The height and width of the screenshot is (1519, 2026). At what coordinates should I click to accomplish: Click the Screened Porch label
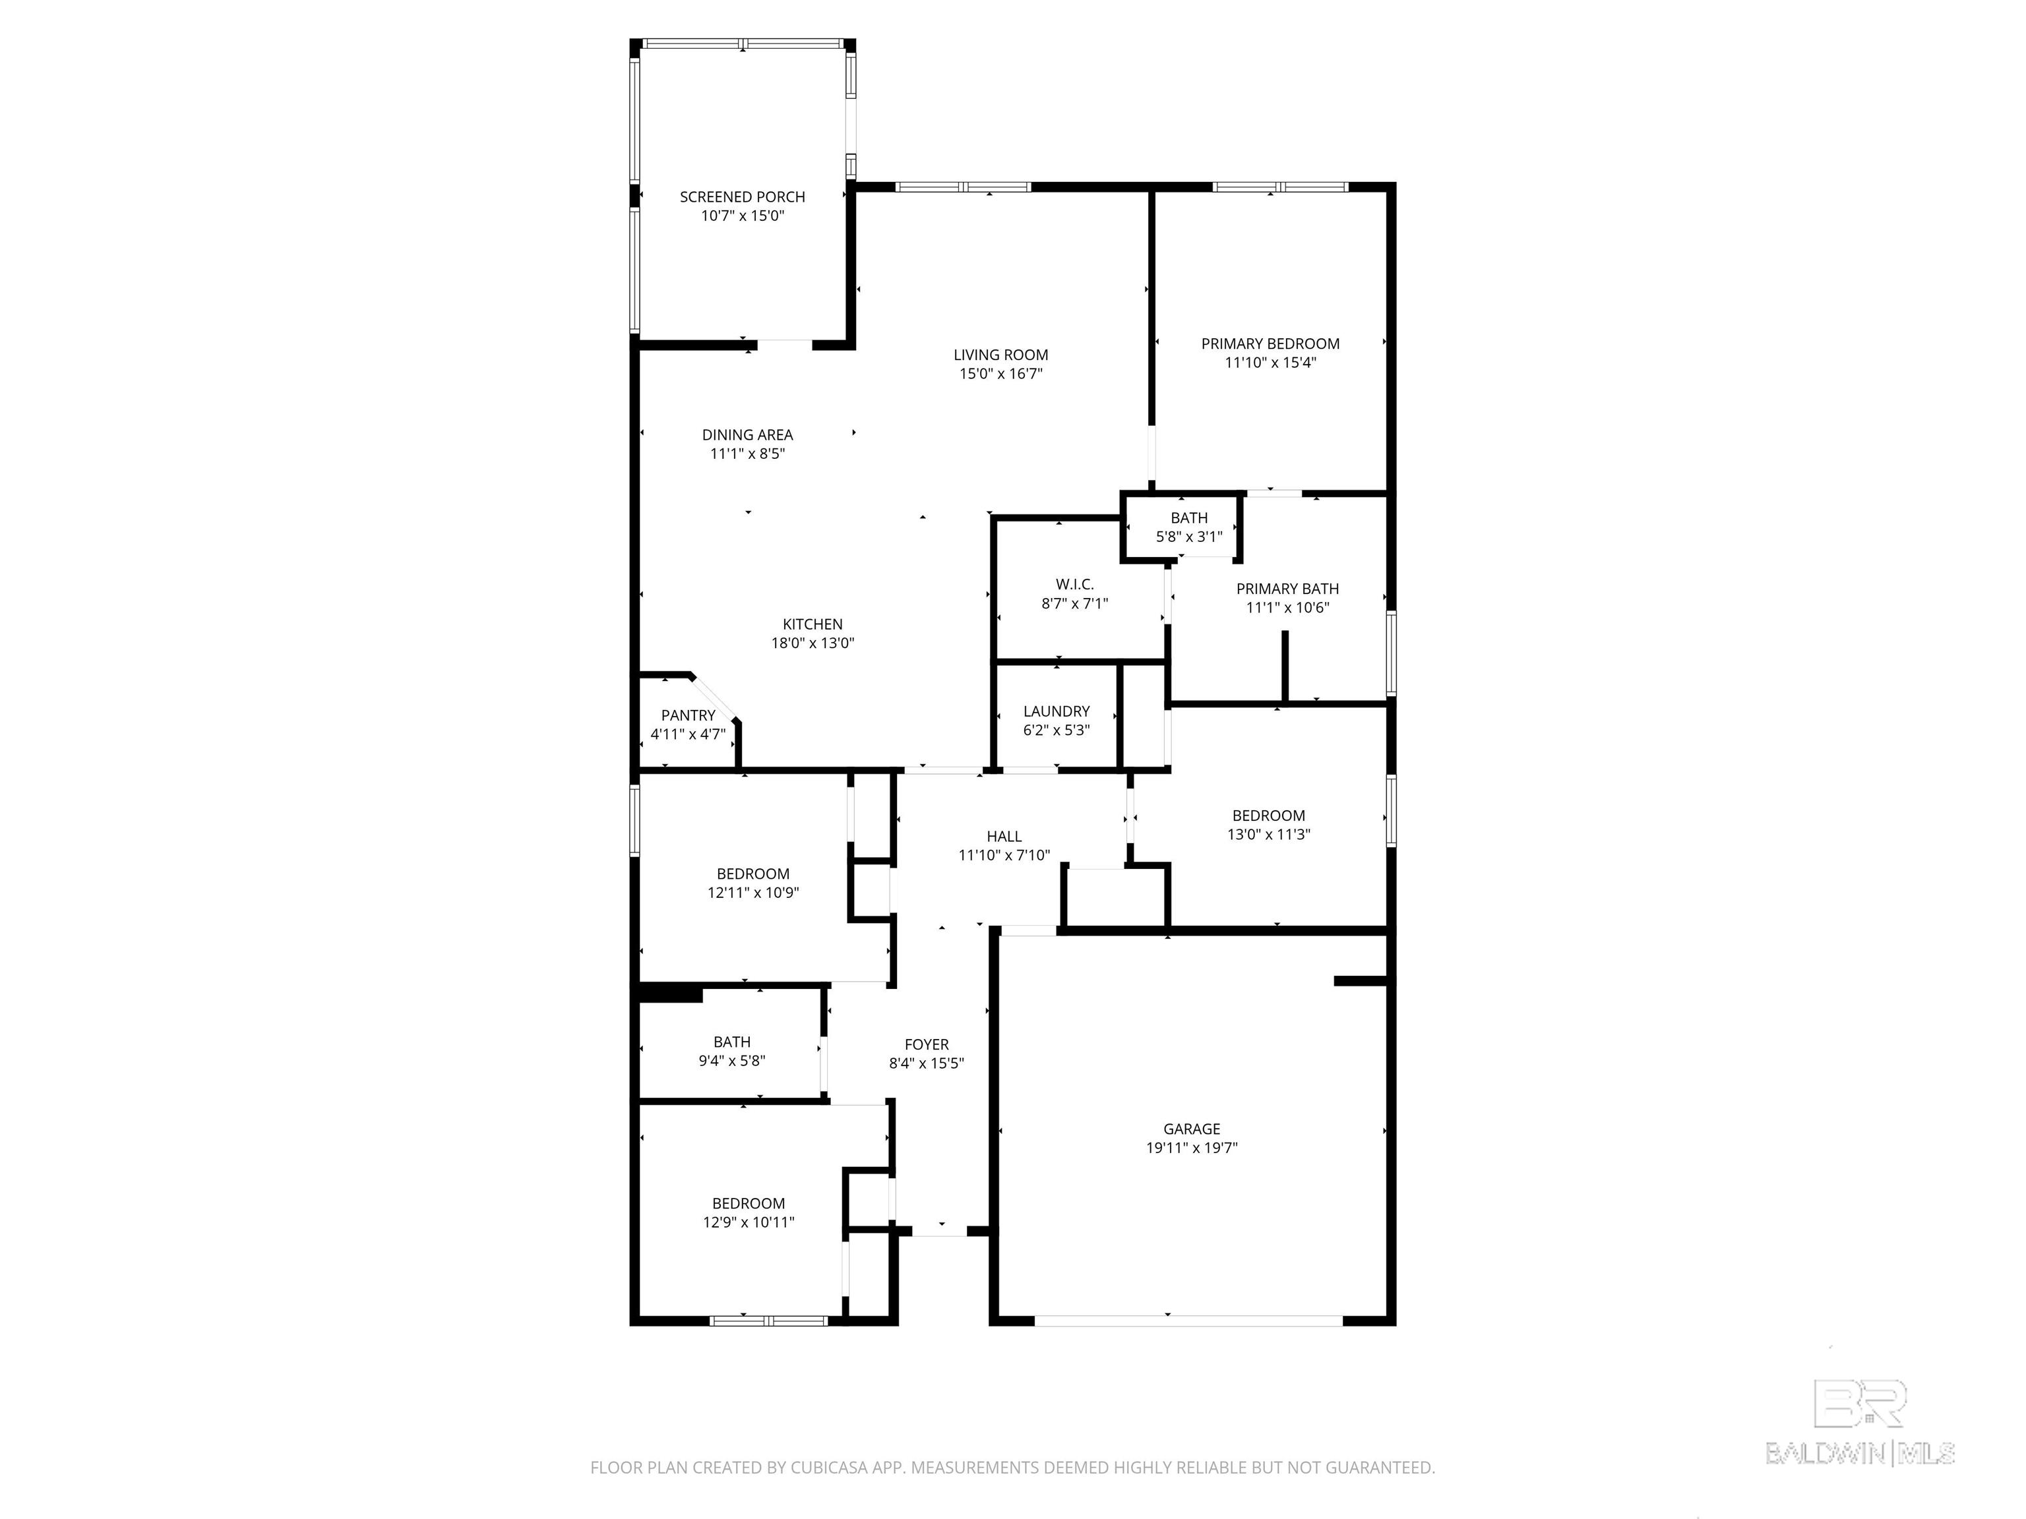click(742, 197)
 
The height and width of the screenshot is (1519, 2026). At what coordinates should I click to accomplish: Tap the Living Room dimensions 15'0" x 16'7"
click(1000, 374)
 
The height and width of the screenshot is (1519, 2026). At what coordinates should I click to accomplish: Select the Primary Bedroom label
click(1270, 343)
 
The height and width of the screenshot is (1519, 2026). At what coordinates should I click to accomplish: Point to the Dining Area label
click(747, 435)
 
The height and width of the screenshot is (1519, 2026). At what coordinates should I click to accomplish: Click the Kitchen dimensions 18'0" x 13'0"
click(813, 643)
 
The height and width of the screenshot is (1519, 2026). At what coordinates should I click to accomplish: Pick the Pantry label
click(688, 715)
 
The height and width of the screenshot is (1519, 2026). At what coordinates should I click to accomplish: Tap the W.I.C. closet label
click(1074, 584)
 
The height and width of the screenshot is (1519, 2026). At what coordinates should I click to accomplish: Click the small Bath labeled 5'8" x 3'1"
click(1189, 527)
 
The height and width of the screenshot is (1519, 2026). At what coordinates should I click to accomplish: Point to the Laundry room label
click(1056, 711)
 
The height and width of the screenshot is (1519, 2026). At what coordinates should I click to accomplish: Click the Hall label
click(1004, 836)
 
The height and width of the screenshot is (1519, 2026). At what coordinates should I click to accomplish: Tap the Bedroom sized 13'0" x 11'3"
click(1268, 825)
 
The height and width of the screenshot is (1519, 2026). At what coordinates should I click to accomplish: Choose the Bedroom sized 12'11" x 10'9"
click(753, 883)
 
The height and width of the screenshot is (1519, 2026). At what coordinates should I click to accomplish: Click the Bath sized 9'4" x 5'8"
click(732, 1051)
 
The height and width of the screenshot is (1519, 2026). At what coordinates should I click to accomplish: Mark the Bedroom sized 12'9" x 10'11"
click(749, 1212)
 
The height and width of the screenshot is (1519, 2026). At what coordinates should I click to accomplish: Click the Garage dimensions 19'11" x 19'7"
click(1192, 1147)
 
